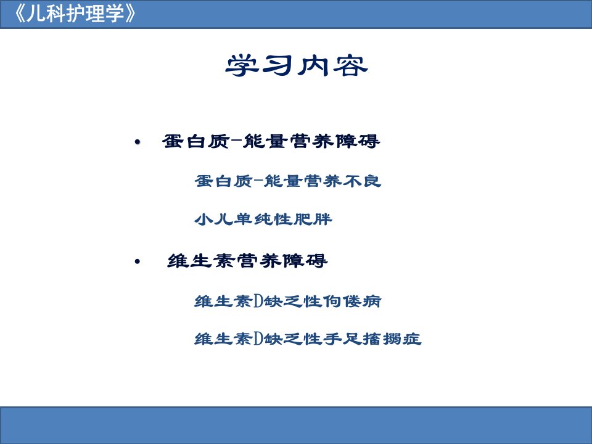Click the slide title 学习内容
(297, 66)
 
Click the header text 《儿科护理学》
(74, 14)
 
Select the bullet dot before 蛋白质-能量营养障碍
(137, 142)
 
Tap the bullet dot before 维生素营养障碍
(137, 261)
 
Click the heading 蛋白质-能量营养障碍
(271, 141)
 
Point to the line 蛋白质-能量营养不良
(288, 181)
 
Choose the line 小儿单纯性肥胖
(263, 219)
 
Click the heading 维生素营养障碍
(247, 261)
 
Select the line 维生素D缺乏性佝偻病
(288, 302)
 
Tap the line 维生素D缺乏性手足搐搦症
(308, 339)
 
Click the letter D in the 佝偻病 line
(258, 302)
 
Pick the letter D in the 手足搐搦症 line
(258, 339)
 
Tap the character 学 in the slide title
(242, 66)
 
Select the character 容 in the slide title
(351, 66)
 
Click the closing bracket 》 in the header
(129, 14)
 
